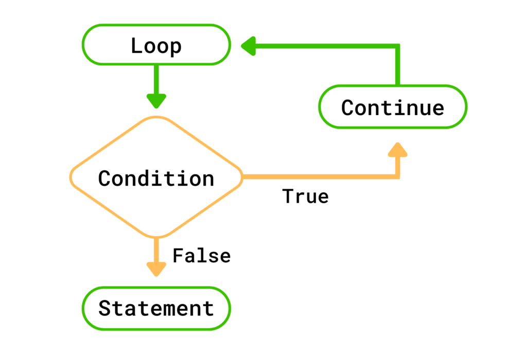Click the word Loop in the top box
click(156, 46)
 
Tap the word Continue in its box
click(393, 107)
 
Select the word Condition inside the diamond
click(156, 178)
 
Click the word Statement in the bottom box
click(156, 309)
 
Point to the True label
click(305, 196)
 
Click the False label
click(201, 256)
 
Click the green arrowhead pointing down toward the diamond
click(156, 100)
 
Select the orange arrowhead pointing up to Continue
click(397, 150)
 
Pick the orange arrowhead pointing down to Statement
click(156, 269)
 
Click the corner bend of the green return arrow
click(397, 46)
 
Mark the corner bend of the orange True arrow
click(397, 176)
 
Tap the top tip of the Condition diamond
click(156, 118)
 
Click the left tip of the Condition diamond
click(72, 177)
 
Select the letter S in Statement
click(105, 309)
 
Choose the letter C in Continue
click(348, 107)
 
